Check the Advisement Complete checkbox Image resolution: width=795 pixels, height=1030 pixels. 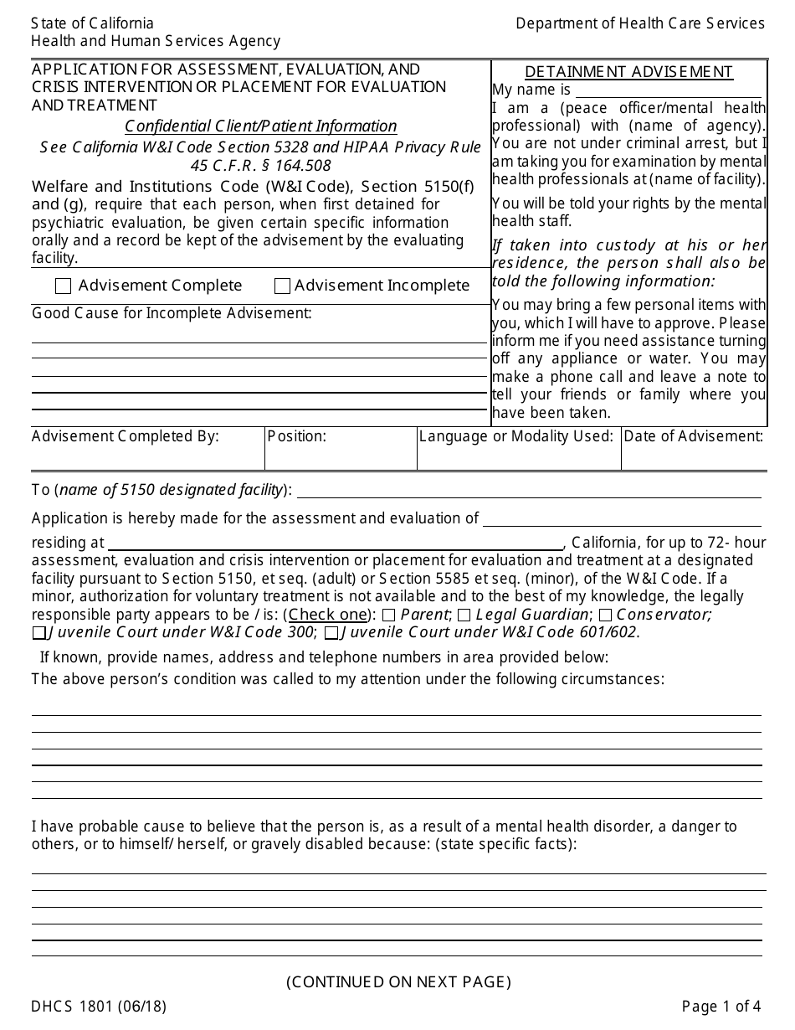point(63,286)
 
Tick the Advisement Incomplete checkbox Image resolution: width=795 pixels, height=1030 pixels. point(282,286)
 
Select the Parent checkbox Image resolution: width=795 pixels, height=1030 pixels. point(389,615)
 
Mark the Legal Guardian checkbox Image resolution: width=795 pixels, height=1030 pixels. point(464,615)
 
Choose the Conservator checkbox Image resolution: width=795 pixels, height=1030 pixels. point(604,615)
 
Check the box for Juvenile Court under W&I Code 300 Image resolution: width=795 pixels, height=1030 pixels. point(39,633)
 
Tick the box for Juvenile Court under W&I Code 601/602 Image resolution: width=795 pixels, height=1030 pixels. point(331,633)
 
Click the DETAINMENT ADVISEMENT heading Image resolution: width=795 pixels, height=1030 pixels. point(628,72)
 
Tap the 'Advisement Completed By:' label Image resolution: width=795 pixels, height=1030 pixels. point(126,436)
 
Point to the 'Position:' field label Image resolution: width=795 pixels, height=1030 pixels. point(297,436)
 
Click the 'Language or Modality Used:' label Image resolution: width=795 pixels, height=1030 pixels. point(516,436)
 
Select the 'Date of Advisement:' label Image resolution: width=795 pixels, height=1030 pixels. point(693,436)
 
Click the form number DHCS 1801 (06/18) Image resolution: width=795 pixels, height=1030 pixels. point(99,1007)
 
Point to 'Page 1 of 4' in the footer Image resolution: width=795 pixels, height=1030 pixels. point(721,1007)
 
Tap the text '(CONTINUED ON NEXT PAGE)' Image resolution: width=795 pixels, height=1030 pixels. point(398,981)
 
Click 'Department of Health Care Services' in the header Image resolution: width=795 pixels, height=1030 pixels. point(639,23)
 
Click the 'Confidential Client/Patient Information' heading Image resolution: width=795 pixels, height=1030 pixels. point(260,126)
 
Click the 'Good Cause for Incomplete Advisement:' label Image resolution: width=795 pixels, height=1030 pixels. point(172,313)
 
